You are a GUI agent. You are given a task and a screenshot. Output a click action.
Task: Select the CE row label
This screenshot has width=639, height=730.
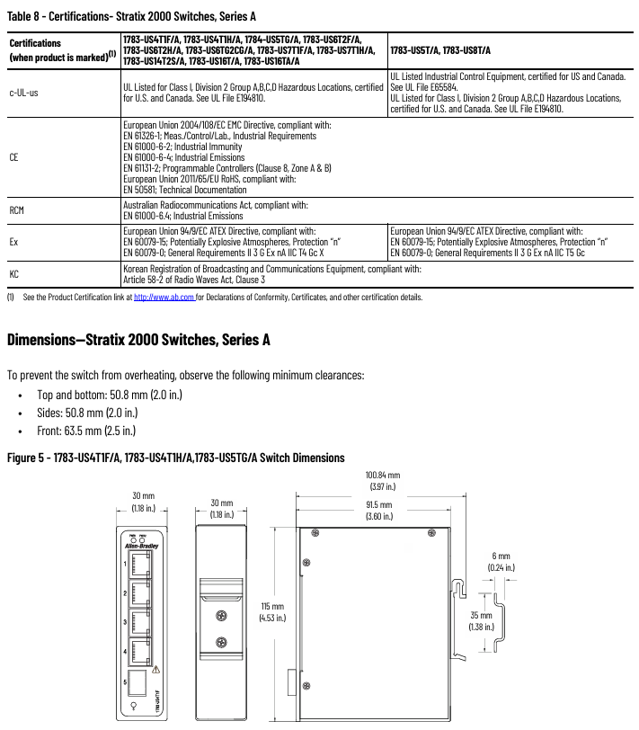(x=14, y=156)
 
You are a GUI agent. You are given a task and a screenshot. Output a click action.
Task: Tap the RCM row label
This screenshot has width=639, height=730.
(x=17, y=210)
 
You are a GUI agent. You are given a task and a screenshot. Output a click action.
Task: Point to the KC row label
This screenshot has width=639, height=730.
(x=14, y=273)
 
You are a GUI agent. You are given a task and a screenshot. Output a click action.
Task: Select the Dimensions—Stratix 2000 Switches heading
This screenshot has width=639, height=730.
(x=138, y=340)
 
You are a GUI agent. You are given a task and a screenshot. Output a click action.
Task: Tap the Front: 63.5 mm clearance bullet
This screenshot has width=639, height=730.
(x=87, y=431)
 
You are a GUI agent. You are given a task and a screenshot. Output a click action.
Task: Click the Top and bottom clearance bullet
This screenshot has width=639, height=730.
(x=109, y=395)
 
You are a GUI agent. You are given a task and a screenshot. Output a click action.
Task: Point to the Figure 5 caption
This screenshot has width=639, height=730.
(x=175, y=458)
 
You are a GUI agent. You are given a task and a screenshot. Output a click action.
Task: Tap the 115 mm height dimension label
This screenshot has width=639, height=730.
(x=271, y=611)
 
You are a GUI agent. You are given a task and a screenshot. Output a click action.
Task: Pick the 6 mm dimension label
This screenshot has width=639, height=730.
(x=501, y=561)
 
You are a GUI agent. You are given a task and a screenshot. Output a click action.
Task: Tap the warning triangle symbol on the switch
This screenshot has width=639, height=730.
(x=156, y=670)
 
